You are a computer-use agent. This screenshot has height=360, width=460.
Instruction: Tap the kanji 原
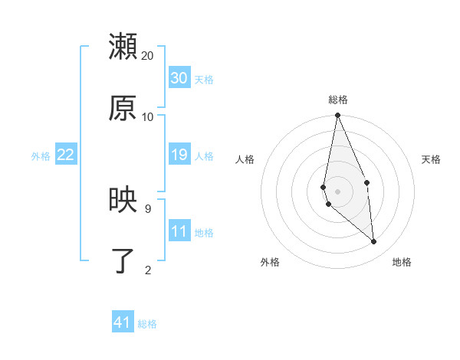123,107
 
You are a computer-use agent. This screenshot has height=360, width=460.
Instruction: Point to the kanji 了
123,260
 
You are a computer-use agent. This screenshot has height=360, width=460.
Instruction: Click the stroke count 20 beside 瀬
148,55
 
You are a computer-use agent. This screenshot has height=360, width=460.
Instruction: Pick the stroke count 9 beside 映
147,208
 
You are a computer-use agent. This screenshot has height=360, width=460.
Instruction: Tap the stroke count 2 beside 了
147,269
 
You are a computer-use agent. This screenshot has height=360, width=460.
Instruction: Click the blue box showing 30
179,77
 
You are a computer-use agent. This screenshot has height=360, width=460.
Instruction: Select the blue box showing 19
179,155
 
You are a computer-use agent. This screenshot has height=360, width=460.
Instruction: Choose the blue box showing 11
179,231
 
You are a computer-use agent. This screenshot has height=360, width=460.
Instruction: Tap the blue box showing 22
66,155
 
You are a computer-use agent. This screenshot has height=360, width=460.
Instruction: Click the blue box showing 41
123,322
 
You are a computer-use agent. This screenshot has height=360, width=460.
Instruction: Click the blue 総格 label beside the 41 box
147,324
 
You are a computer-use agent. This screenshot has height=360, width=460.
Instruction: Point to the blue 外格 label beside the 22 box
41,156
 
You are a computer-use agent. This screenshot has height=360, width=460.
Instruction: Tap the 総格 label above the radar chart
338,100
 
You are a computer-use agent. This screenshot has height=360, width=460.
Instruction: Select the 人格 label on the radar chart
245,159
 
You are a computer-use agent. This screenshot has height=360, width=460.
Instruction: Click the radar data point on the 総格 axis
337,116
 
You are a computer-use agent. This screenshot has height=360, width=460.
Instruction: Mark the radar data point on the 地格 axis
374,242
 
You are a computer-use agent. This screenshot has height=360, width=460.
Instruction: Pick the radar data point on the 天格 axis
366,182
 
